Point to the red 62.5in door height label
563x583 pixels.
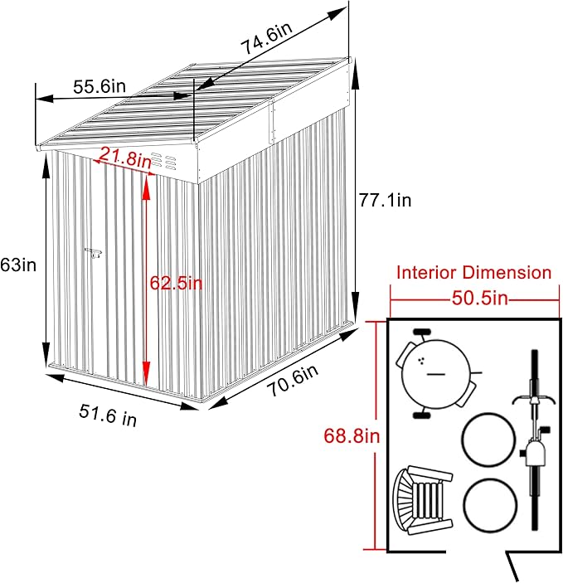click(x=176, y=283)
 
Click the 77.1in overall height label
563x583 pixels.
click(x=386, y=200)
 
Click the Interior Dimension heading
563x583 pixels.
click(x=473, y=272)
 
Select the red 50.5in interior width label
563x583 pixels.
click(x=474, y=298)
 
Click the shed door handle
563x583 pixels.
click(x=93, y=253)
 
